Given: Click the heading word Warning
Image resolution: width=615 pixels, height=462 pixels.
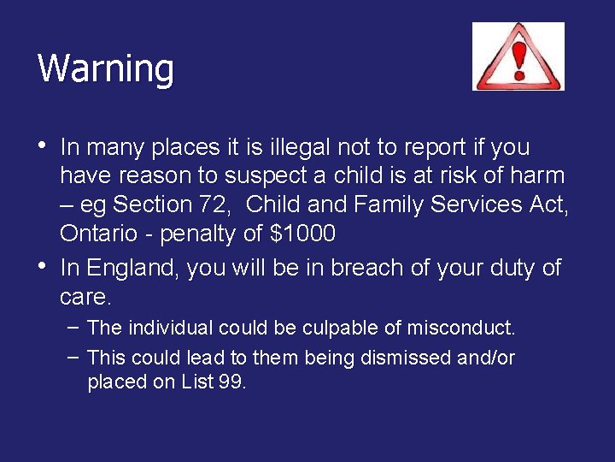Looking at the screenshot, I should pyautogui.click(x=106, y=68).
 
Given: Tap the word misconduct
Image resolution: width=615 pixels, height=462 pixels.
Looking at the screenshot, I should pyautogui.click(x=461, y=328).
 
